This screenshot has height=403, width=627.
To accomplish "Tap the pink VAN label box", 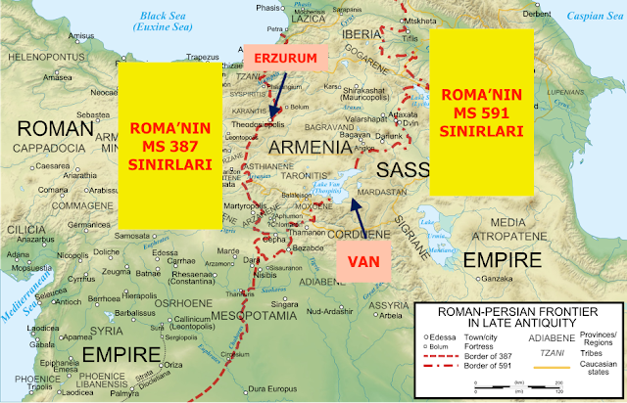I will tap(364, 260).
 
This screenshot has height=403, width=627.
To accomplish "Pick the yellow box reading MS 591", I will tap(483, 110).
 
